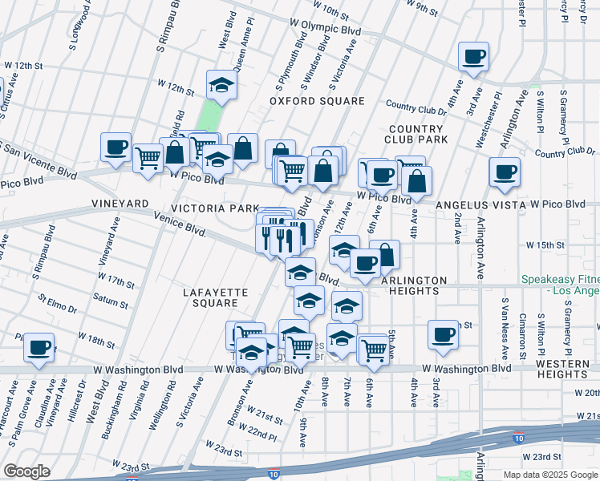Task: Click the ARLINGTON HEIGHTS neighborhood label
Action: tap(413, 285)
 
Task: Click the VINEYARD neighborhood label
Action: tap(120, 204)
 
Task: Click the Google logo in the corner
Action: tap(26, 471)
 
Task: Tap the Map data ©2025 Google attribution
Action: tap(550, 475)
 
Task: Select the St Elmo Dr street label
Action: tap(57, 302)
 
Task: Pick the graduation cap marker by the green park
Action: tap(221, 84)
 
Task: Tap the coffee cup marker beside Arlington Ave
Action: tap(505, 172)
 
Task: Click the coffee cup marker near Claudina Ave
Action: tap(39, 347)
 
